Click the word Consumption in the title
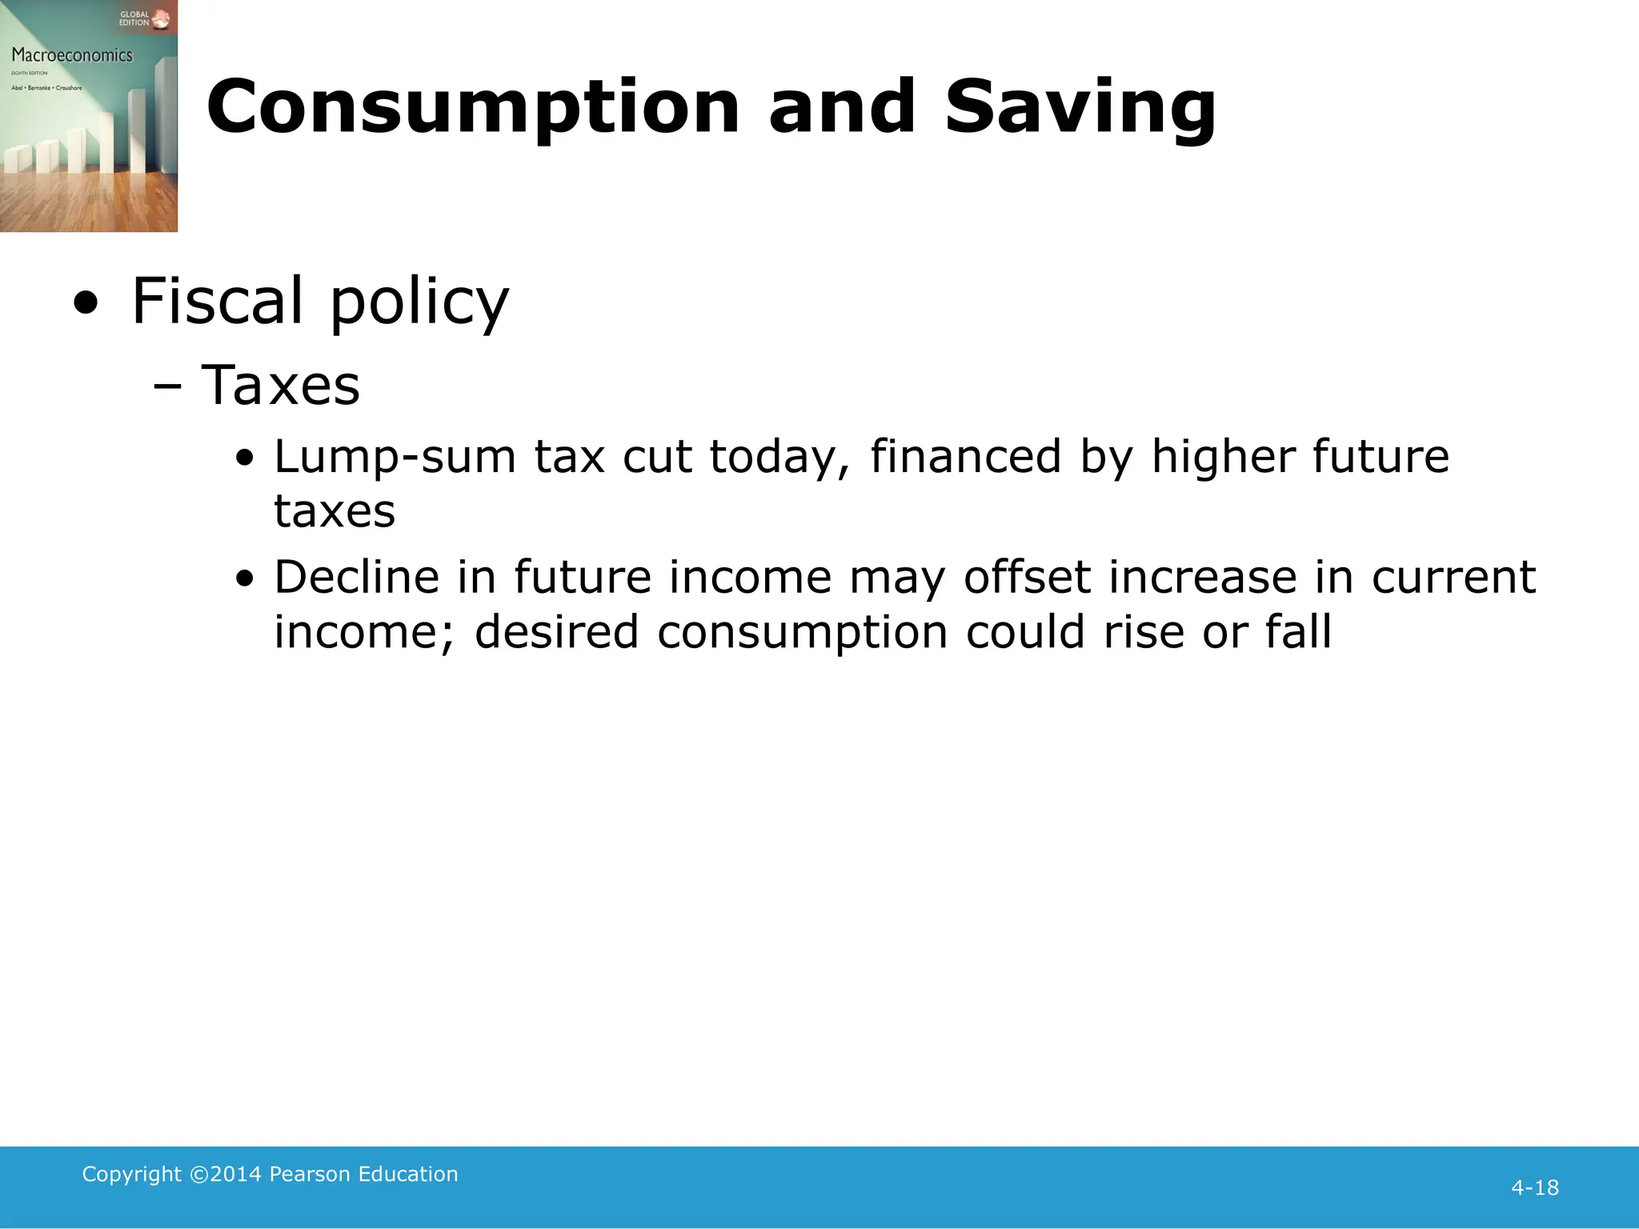click(473, 108)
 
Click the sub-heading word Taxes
click(280, 386)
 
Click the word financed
click(965, 457)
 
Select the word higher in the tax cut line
click(1222, 457)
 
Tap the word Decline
click(357, 577)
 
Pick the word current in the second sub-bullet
click(1453, 577)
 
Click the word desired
click(556, 632)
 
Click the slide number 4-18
click(1534, 1187)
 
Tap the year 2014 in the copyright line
click(235, 1174)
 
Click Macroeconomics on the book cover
click(72, 55)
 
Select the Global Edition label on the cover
click(134, 18)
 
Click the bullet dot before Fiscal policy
click(86, 303)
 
